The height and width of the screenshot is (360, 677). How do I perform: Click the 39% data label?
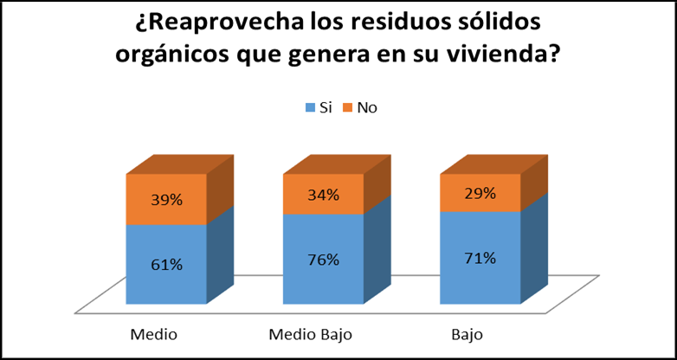click(x=166, y=200)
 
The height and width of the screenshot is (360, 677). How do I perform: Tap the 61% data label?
click(x=166, y=265)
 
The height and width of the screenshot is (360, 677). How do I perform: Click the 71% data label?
click(x=480, y=258)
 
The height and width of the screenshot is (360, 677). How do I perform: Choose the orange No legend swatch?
click(x=349, y=108)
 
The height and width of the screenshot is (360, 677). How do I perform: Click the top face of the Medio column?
click(x=179, y=164)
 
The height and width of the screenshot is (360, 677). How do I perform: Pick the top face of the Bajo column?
click(x=493, y=164)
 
